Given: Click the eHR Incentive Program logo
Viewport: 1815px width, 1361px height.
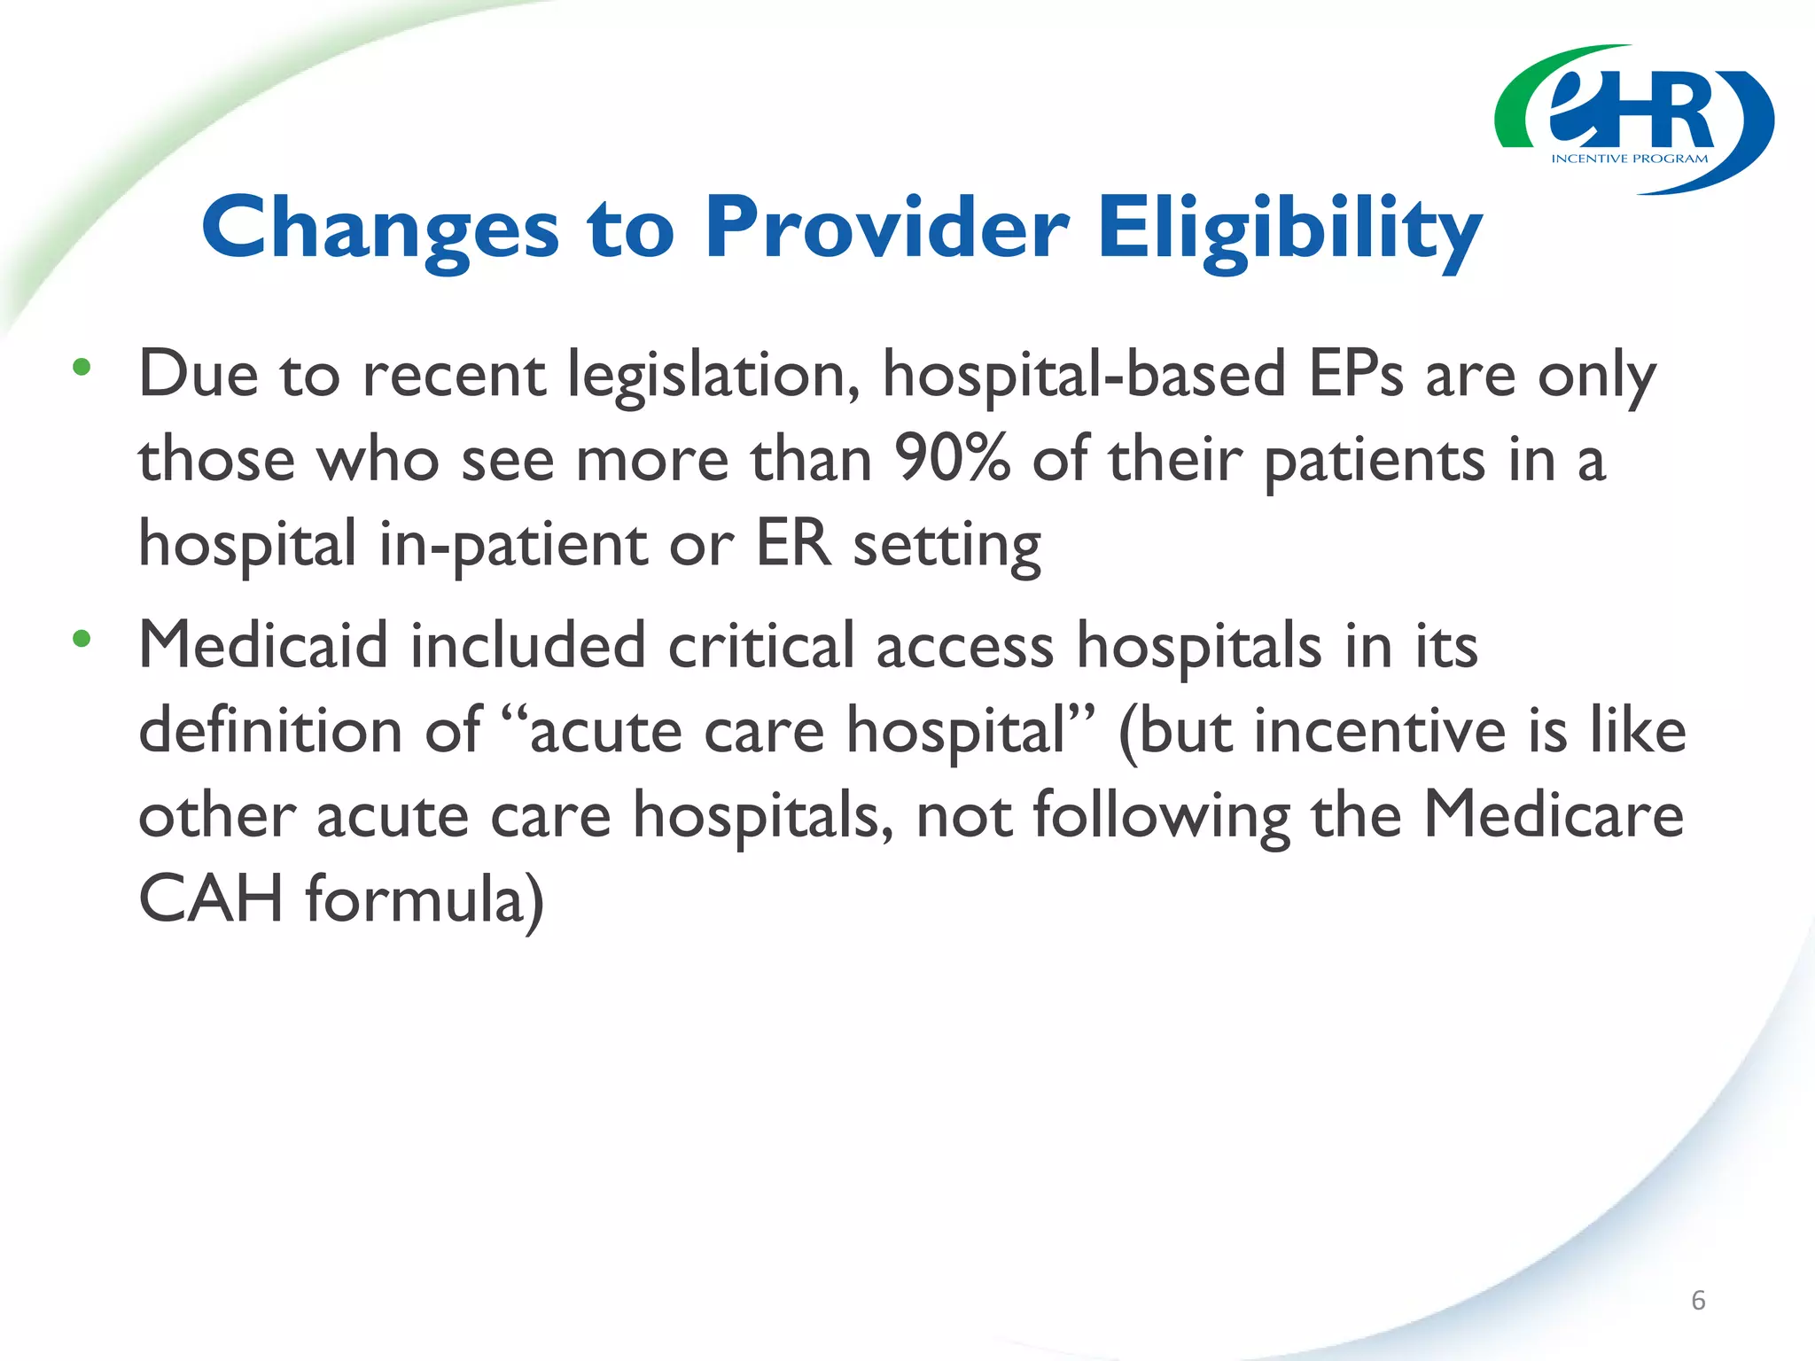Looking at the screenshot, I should click(x=1633, y=120).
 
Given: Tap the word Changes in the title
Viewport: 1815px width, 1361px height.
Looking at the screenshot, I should click(x=380, y=229).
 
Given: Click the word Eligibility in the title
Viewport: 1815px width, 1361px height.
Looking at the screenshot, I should click(x=1289, y=229).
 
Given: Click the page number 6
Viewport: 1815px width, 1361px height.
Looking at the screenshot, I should click(x=1698, y=1300).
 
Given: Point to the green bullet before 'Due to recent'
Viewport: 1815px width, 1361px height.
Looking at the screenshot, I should click(x=82, y=368).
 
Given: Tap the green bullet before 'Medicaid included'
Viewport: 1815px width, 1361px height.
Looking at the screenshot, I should click(x=82, y=638).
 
